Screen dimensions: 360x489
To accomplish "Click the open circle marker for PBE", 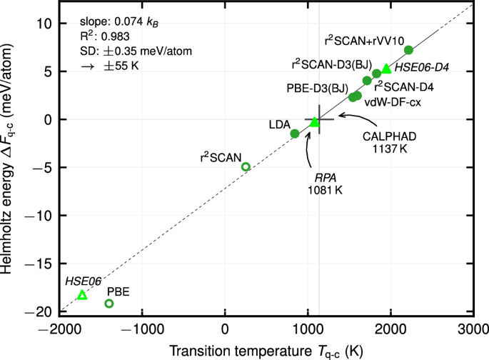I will (109, 304).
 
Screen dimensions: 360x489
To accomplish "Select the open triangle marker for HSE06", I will (82, 295).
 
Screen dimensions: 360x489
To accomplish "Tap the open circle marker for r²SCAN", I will (246, 166).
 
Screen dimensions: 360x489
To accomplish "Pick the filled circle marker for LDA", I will (295, 134).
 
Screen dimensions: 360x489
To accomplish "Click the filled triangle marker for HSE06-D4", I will (386, 69).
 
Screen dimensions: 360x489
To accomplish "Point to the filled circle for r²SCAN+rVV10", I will (408, 50).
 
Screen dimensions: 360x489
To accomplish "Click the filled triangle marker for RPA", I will (315, 122).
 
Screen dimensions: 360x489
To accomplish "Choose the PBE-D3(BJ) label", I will (318, 89).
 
